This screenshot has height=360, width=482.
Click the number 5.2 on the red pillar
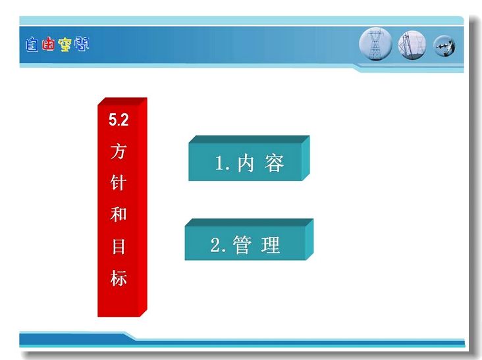click(119, 120)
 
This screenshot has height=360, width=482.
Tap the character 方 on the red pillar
click(119, 151)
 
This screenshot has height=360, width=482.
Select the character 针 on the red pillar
click(119, 182)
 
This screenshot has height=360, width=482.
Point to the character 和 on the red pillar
click(119, 214)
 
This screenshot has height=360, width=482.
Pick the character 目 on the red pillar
click(119, 246)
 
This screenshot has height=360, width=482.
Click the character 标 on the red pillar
click(119, 278)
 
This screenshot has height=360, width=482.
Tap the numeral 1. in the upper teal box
click(223, 163)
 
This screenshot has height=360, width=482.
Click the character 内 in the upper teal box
click(246, 163)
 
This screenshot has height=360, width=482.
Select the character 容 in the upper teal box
click(274, 163)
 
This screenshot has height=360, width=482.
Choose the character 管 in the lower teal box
click(242, 245)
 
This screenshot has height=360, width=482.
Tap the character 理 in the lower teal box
click(271, 245)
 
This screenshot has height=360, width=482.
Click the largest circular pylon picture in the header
click(375, 44)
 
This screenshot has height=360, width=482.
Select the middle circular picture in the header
click(412, 45)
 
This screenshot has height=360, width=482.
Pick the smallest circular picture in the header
click(444, 46)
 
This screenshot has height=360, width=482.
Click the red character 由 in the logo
click(48, 44)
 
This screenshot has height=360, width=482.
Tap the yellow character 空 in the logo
click(65, 45)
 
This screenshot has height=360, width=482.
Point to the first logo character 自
click(32, 45)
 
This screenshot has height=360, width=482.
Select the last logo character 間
click(82, 44)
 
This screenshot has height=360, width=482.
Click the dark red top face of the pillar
click(122, 101)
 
